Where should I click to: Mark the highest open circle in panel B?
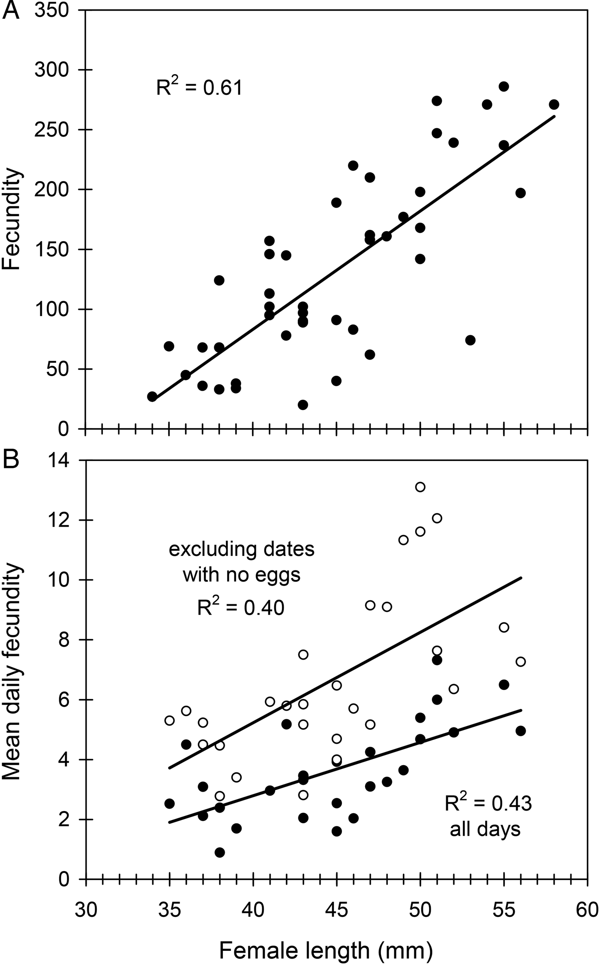(x=420, y=487)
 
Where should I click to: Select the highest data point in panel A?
(x=504, y=87)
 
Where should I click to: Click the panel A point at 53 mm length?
(x=470, y=340)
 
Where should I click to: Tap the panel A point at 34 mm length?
(x=152, y=397)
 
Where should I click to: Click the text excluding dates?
(x=241, y=550)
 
